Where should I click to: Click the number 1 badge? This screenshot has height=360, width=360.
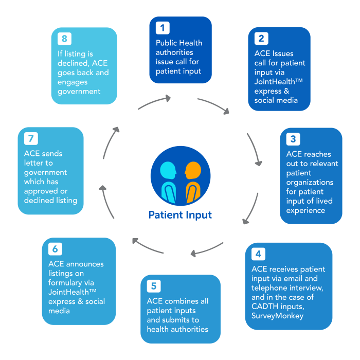163,28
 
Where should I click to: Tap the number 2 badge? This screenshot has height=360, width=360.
261,38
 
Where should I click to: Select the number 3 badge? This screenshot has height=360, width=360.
293,139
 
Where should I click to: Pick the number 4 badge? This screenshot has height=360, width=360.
258,254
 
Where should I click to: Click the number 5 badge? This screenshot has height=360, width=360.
153,286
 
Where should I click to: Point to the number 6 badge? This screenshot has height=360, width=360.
55,249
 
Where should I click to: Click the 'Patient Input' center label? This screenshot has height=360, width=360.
180,214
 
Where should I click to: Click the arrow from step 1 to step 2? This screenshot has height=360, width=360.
214,105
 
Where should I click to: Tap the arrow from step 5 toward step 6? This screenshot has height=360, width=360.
148,245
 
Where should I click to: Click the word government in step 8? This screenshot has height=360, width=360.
80,92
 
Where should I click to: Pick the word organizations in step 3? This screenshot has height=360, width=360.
310,182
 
